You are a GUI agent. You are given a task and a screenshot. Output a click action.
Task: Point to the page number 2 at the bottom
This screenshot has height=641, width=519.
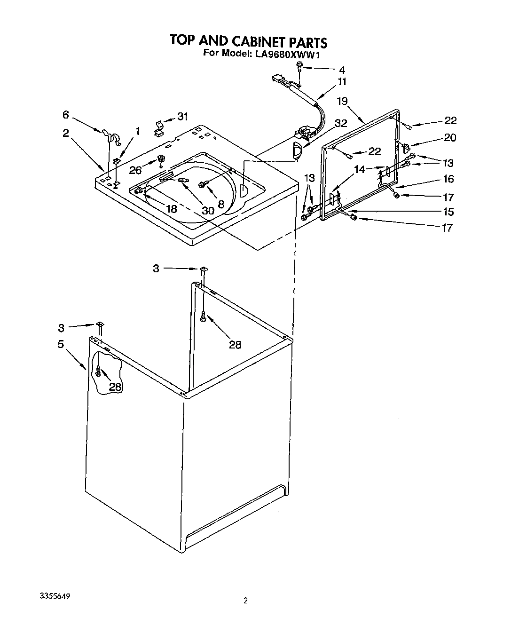click(245, 600)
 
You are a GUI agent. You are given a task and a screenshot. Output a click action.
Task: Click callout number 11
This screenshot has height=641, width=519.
click(342, 81)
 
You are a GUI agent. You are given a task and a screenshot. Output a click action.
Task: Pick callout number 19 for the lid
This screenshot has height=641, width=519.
click(342, 101)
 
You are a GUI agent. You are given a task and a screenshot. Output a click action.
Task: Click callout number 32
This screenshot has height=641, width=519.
click(340, 123)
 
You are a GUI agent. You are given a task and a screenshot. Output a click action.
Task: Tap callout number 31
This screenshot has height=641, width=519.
click(182, 116)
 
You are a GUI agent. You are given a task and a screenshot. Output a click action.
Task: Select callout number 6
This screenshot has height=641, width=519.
click(65, 114)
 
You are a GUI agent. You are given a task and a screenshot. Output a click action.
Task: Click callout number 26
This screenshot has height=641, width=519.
click(135, 170)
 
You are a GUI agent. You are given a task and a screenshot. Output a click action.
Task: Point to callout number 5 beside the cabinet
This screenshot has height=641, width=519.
click(61, 344)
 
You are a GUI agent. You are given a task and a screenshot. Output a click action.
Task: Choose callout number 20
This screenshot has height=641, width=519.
click(450, 138)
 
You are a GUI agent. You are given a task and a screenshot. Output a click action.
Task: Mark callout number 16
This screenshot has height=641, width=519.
click(448, 179)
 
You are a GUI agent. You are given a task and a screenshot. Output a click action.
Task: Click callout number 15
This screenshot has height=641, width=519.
click(448, 212)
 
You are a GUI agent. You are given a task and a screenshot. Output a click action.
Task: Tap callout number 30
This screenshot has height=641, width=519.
click(208, 211)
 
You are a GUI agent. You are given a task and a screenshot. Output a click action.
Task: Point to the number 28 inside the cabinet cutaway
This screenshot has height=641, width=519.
click(115, 387)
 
